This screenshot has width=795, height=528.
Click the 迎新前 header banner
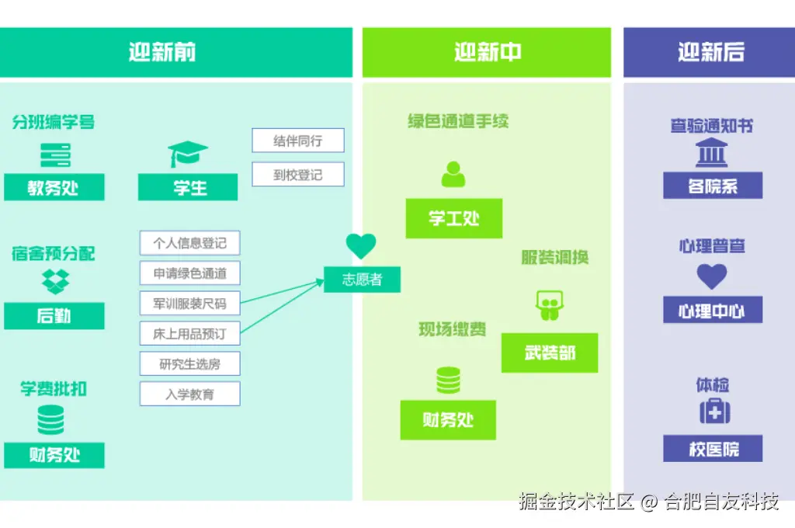(163, 53)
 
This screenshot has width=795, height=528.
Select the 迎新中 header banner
(487, 53)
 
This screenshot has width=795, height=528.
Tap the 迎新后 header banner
(710, 53)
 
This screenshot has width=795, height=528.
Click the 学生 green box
(189, 187)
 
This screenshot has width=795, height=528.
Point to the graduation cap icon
(189, 154)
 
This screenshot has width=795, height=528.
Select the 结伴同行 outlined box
(297, 141)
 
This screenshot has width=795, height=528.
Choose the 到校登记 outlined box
(297, 175)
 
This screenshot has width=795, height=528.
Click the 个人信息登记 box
(190, 243)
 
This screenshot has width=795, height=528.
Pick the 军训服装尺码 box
(190, 304)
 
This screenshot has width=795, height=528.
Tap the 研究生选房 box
(190, 363)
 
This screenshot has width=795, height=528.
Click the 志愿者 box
(363, 280)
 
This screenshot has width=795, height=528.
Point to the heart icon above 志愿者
(361, 245)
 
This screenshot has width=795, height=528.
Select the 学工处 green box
(453, 218)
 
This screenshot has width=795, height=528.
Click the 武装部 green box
(550, 353)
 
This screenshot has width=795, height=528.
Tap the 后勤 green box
(54, 316)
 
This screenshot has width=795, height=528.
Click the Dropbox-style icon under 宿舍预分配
(55, 282)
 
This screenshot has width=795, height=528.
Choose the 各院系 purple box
(713, 186)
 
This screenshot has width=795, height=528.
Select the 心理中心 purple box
(713, 311)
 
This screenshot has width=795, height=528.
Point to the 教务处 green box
(54, 188)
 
